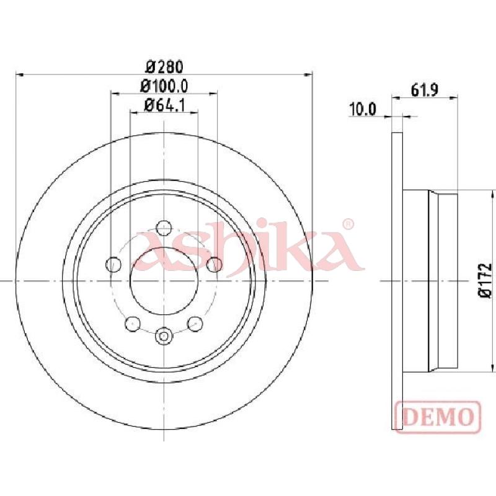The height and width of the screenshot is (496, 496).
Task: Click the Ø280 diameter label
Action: [164, 67]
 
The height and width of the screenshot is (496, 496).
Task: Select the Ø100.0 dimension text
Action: [164, 86]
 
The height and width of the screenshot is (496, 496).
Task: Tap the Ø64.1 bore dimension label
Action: [164, 105]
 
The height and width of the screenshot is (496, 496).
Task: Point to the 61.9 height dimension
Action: [424, 91]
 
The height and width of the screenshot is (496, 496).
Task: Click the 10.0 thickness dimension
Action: [363, 110]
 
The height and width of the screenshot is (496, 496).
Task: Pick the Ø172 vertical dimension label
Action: [485, 280]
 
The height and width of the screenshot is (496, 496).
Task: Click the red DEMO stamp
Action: [438, 417]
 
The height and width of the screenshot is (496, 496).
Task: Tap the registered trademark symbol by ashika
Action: [348, 224]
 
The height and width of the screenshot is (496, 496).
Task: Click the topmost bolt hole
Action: [164, 228]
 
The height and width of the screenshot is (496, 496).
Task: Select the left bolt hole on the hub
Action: [113, 264]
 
